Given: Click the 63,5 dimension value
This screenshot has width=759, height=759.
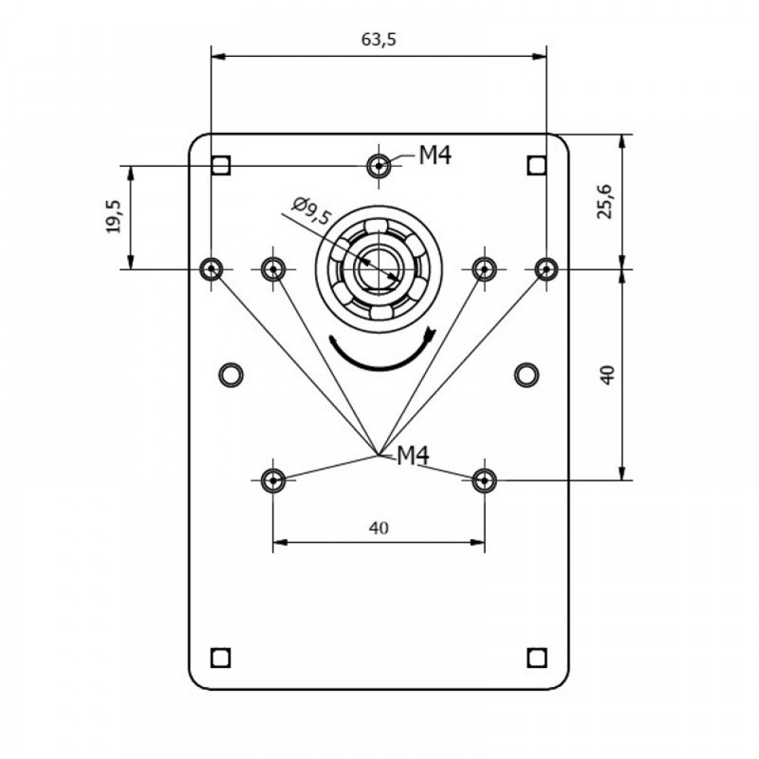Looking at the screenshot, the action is click(x=379, y=39).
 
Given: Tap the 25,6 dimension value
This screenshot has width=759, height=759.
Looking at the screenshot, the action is click(x=605, y=201).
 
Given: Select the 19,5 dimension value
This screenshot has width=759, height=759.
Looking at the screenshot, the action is click(x=115, y=216).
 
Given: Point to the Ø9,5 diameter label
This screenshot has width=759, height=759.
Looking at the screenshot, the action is click(x=310, y=211).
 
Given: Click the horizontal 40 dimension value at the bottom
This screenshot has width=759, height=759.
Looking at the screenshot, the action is click(x=379, y=528).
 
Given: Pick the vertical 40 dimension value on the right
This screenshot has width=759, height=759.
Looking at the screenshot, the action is click(x=607, y=375).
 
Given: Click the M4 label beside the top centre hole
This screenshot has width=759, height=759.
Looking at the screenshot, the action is click(x=435, y=156).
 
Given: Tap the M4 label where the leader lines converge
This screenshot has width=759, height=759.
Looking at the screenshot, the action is click(x=413, y=455).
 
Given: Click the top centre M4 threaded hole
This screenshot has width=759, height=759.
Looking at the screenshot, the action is click(x=379, y=166).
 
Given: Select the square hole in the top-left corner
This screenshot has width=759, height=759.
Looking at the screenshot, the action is click(x=221, y=165).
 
